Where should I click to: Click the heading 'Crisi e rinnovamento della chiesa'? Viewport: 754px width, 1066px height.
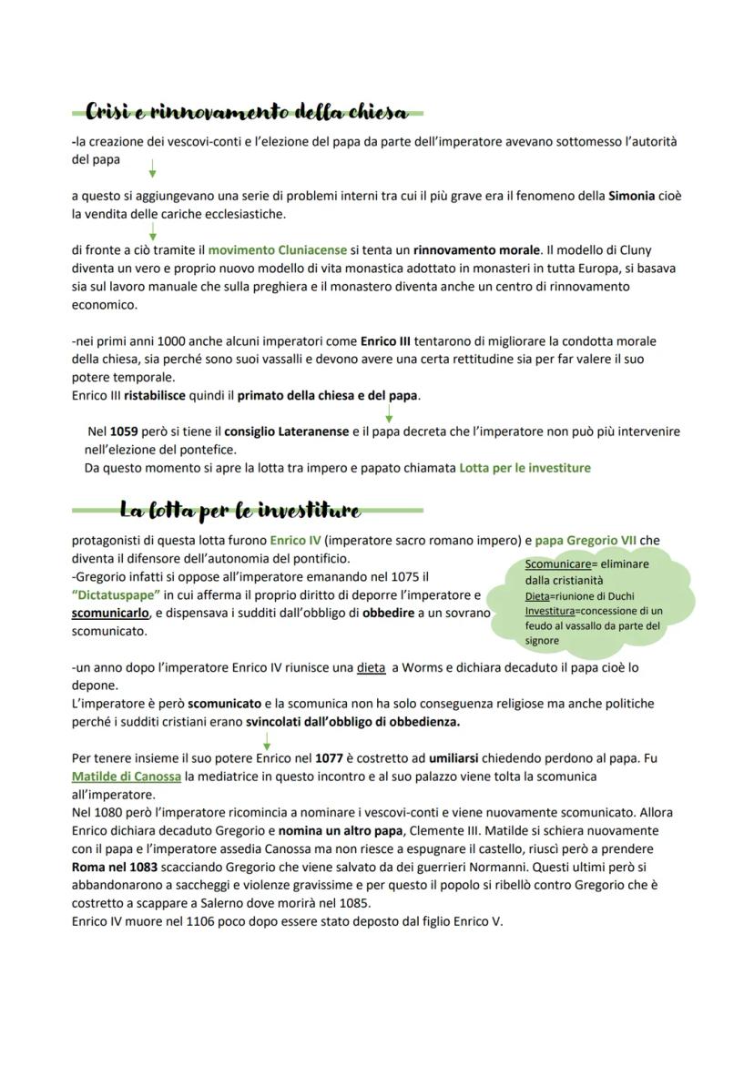(x=246, y=113)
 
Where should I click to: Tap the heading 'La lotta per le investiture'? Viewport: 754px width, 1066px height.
(x=239, y=510)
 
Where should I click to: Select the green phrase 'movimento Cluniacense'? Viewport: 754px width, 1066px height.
(x=278, y=249)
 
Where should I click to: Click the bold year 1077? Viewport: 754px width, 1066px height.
(x=328, y=758)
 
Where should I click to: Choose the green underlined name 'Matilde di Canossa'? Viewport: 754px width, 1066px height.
(x=126, y=777)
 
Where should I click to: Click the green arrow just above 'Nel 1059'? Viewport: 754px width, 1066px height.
(x=389, y=413)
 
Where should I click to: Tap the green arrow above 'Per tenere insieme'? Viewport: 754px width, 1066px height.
(x=267, y=741)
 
